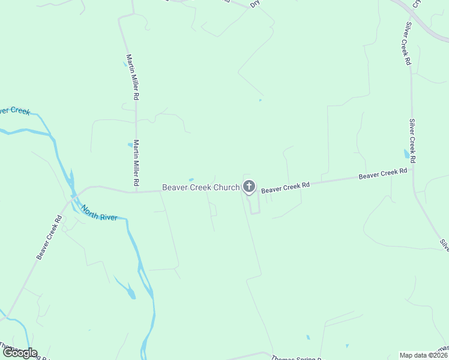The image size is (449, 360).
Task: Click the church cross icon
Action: pos(249,187)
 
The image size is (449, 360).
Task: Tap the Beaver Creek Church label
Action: pos(200,188)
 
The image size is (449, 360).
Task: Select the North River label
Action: pos(99,213)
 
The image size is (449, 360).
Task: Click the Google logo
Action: pos(20,353)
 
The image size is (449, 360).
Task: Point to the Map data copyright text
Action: pos(424,355)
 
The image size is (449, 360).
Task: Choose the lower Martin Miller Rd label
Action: pos(137,163)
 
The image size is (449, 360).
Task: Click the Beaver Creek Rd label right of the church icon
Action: pos(285,187)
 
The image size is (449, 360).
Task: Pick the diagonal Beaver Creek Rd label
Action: pos(49,238)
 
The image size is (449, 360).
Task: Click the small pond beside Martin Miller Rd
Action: pos(130,145)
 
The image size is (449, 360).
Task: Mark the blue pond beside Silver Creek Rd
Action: pos(407,155)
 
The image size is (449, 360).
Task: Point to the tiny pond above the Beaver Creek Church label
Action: pos(191,179)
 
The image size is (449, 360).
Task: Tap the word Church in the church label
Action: pos(226,188)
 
